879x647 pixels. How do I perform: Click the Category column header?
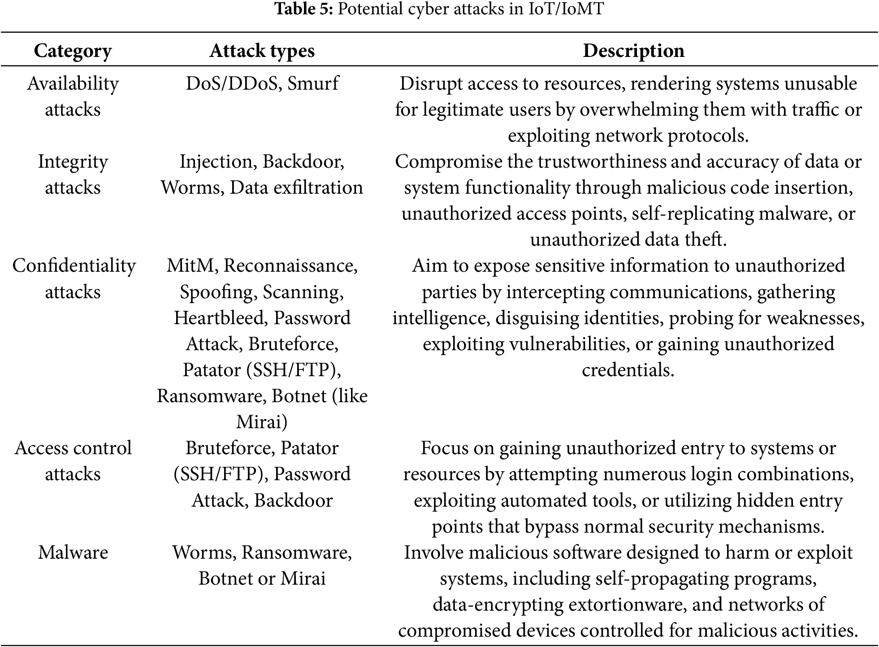click(x=73, y=51)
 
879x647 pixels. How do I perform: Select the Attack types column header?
click(x=262, y=51)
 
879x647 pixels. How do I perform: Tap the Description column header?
click(x=633, y=51)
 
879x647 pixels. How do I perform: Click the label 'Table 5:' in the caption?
click(x=303, y=9)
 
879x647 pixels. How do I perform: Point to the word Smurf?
click(x=313, y=83)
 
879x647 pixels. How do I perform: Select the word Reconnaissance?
click(x=290, y=265)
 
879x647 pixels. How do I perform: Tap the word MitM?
click(x=192, y=265)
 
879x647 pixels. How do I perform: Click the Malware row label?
click(x=73, y=552)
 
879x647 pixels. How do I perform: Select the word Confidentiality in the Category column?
click(x=74, y=265)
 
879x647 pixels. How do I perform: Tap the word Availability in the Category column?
click(x=73, y=83)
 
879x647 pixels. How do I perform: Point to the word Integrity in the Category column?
click(x=73, y=161)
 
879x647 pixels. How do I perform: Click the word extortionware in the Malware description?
click(x=628, y=604)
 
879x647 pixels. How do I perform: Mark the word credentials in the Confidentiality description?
click(x=628, y=370)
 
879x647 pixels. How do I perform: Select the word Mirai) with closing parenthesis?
click(x=262, y=422)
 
